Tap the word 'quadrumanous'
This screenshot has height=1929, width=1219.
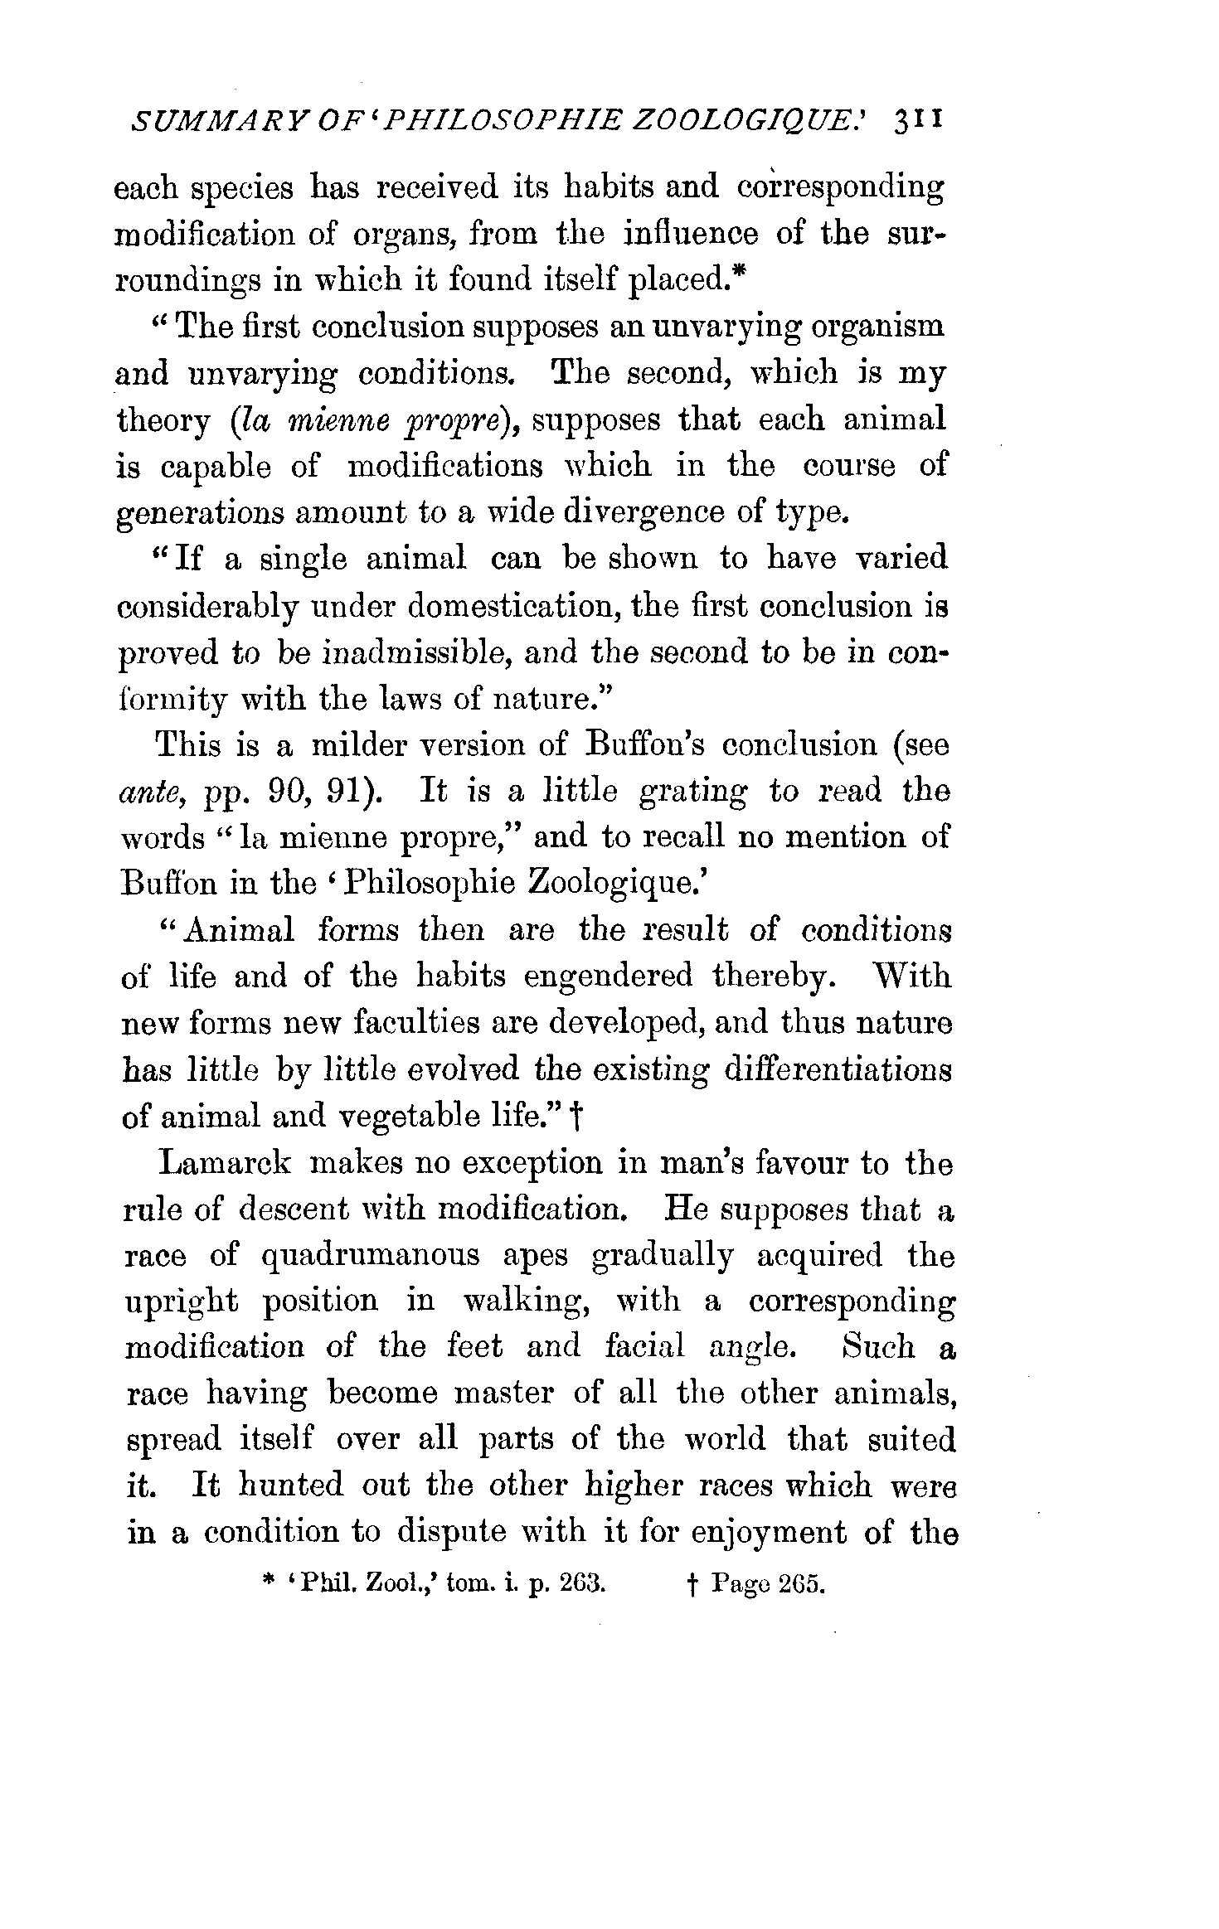tap(371, 1255)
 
